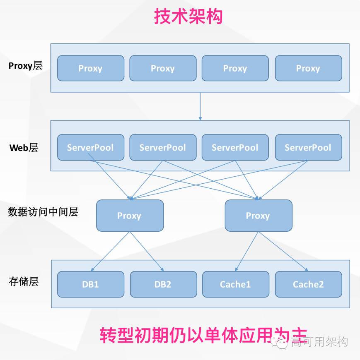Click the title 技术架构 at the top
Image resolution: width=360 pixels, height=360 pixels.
click(188, 17)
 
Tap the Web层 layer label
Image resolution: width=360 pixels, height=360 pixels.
click(24, 148)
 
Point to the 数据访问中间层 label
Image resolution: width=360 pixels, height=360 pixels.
click(43, 212)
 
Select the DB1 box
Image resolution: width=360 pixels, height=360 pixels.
click(91, 284)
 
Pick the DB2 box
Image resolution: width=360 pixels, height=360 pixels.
click(163, 284)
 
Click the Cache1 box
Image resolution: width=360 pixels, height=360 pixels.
click(235, 284)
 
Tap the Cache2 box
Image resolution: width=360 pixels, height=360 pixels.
click(308, 284)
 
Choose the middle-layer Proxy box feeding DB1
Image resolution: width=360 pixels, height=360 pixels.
click(130, 216)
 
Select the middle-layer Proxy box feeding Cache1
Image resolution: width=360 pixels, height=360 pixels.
click(259, 216)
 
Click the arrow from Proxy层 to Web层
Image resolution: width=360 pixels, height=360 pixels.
click(200, 106)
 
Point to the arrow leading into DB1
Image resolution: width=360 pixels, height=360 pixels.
click(111, 252)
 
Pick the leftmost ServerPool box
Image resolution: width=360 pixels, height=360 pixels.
click(91, 147)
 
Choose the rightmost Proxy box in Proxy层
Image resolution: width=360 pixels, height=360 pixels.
click(308, 68)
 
